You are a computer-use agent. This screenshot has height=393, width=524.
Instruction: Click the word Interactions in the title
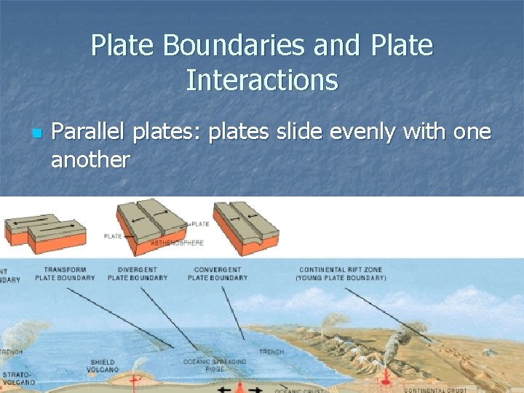point(262,79)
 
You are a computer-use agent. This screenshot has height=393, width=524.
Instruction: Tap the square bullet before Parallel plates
point(36,134)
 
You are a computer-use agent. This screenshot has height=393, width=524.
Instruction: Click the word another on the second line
point(90,159)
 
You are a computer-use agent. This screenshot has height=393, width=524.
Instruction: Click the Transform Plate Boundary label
point(65,274)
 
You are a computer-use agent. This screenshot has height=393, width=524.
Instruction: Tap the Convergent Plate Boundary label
point(217,274)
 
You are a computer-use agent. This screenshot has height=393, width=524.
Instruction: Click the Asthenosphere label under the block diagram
point(177,242)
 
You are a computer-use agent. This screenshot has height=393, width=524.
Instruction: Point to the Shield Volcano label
point(103,365)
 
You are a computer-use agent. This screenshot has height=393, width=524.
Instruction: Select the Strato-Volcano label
point(19,378)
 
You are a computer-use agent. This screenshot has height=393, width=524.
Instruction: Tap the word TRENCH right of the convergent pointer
point(271,352)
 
